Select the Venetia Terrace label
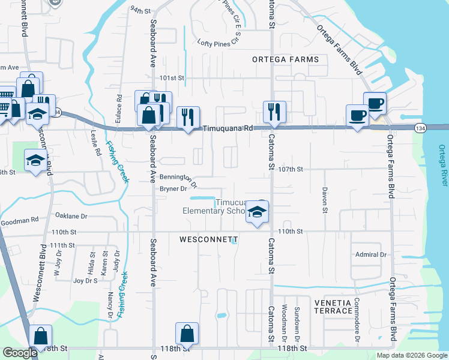pyautogui.click(x=333, y=307)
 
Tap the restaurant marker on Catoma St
pyautogui.click(x=274, y=111)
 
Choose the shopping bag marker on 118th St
pyautogui.click(x=187, y=334)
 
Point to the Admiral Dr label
pyautogui.click(x=370, y=254)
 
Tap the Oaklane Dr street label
pyautogui.click(x=71, y=216)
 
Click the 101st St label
pyautogui.click(x=172, y=78)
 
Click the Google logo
pyautogui.click(x=20, y=353)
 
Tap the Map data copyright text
pyautogui.click(x=412, y=355)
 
